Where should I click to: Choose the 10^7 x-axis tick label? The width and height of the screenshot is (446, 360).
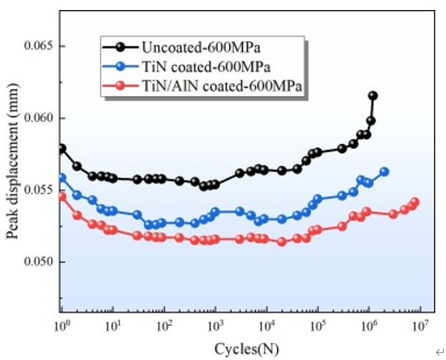coord(419,326)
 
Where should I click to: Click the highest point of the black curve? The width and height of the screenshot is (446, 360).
coord(373,95)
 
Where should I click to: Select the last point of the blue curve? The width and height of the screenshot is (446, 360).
coord(384,171)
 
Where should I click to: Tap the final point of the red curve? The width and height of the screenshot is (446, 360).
coord(414,202)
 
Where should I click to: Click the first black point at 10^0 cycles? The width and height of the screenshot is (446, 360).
coord(62,148)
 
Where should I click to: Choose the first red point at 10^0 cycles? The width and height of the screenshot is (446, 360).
coord(62,196)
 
